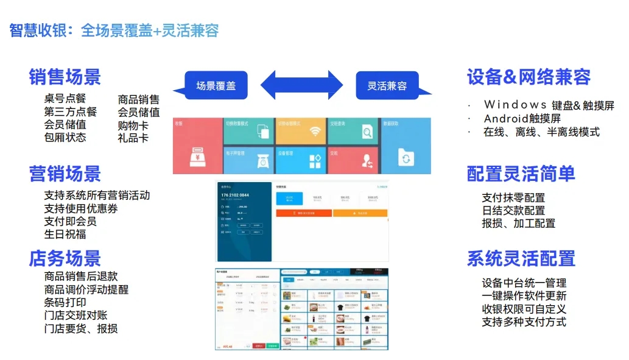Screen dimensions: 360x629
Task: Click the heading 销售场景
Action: [65, 77]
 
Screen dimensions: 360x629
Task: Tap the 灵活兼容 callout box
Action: [387, 85]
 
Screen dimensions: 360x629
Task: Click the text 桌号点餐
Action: [65, 99]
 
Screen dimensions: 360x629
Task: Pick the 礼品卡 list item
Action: [133, 138]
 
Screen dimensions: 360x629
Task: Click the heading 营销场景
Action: [65, 174]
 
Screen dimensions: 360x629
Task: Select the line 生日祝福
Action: [65, 234]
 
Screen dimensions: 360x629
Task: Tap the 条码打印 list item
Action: [65, 302]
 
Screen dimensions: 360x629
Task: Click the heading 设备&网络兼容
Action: [529, 77]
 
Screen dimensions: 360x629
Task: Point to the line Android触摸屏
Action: [522, 118]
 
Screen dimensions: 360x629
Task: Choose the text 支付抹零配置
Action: [513, 197]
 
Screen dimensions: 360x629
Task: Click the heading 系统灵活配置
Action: [521, 258]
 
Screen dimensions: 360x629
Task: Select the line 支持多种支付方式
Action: [524, 322]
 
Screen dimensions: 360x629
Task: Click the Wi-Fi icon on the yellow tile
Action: [315, 132]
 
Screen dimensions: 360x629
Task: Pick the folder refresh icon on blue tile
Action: [406, 158]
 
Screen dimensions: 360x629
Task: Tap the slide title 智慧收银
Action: [37, 30]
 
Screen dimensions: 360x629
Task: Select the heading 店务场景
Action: [65, 258]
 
